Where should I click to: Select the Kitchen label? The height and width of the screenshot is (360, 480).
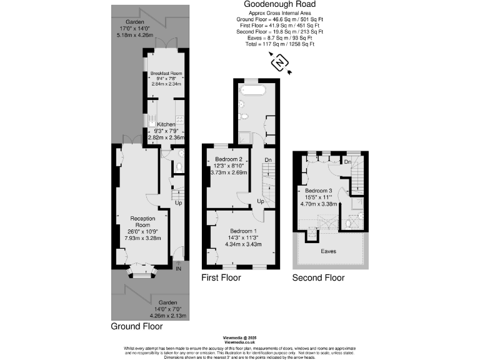(166, 124)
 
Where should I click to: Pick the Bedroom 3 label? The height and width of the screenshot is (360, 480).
(318, 190)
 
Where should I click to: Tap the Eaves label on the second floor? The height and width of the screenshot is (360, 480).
(329, 251)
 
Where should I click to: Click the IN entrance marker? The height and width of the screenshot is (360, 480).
(178, 269)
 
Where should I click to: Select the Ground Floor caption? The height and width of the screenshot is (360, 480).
(137, 326)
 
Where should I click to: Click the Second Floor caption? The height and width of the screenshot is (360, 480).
(318, 277)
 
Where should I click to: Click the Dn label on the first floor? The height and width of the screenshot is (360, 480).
(269, 160)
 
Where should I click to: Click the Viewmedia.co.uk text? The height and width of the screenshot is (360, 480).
(239, 342)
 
